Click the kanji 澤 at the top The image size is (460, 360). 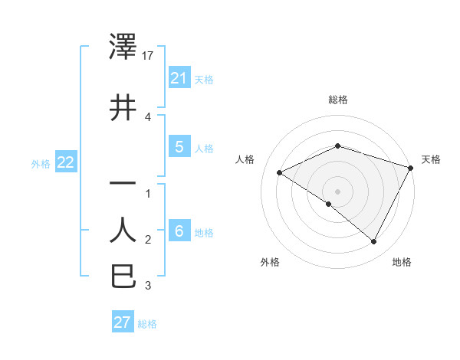coord(123,47)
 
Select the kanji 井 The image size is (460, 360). coord(123,107)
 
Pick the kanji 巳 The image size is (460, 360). coord(123,275)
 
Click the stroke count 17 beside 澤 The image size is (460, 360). coord(149,56)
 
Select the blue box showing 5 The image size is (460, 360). coord(179,147)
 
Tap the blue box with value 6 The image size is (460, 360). coord(179,231)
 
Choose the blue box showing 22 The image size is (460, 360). coord(65,162)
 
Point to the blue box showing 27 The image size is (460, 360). coord(123,322)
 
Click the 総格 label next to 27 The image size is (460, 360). coord(147,324)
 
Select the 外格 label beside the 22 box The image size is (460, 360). coord(41,164)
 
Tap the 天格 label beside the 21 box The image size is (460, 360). coord(204,79)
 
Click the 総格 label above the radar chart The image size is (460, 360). coord(337,100)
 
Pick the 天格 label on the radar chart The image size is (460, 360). coord(431,159)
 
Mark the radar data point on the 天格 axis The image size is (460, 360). coord(411,168)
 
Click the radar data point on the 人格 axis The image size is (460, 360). coord(280,173)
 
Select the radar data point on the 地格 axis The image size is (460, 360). coord(373,241)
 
